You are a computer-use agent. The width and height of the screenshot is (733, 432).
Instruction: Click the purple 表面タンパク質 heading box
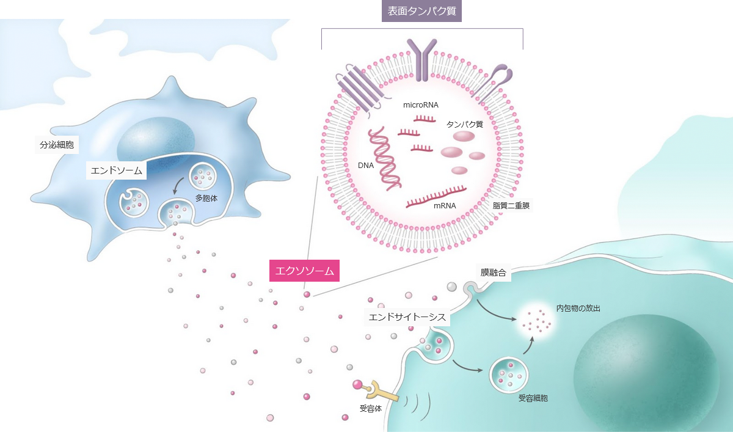pyautogui.click(x=421, y=11)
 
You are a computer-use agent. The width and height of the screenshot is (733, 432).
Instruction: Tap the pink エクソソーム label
pyautogui.click(x=304, y=271)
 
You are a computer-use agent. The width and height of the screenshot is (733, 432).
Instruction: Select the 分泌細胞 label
pyautogui.click(x=57, y=145)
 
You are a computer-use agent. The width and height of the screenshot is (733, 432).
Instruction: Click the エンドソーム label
pyautogui.click(x=116, y=170)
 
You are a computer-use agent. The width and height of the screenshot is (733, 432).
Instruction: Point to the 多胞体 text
pyautogui.click(x=206, y=199)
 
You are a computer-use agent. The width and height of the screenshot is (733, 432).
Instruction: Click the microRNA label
pyautogui.click(x=420, y=104)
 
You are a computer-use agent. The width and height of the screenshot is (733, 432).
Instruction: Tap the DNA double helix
pyautogui.click(x=384, y=159)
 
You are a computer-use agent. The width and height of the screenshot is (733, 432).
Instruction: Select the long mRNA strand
pyautogui.click(x=436, y=197)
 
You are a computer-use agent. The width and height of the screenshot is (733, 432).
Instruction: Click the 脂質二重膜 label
pyautogui.click(x=511, y=205)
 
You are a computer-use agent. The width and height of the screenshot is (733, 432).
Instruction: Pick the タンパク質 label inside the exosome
pyautogui.click(x=465, y=125)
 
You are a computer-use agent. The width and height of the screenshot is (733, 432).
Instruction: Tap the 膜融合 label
pyautogui.click(x=493, y=273)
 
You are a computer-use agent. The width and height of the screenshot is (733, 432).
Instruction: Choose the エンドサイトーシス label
pyautogui.click(x=407, y=317)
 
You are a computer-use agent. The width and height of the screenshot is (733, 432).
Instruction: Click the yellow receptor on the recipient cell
pyautogui.click(x=382, y=391)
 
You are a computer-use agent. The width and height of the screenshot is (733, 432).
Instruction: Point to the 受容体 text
pyautogui.click(x=371, y=408)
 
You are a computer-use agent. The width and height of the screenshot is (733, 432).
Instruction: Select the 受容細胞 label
pyautogui.click(x=533, y=398)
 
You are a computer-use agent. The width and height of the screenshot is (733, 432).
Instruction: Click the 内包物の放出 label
pyautogui.click(x=578, y=309)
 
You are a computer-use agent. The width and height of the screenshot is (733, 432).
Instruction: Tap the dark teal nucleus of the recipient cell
pyautogui.click(x=646, y=373)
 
